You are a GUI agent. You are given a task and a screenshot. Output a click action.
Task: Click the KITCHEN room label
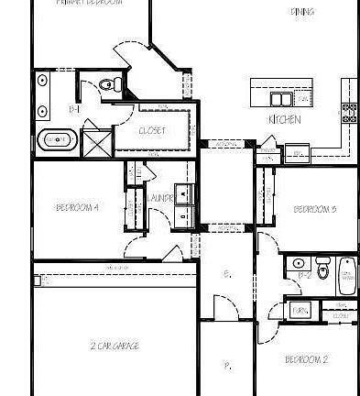(284, 120)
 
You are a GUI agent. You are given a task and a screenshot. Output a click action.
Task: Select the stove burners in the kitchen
(349, 112)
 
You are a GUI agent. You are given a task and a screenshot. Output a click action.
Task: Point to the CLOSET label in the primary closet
(153, 131)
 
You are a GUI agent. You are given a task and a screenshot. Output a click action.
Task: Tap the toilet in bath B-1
(107, 85)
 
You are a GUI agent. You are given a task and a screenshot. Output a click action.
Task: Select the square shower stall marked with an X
(95, 143)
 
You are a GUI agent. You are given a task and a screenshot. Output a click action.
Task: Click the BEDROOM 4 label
(77, 207)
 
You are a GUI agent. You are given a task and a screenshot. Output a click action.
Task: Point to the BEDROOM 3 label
(314, 210)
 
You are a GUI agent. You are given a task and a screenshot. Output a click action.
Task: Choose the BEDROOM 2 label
(306, 359)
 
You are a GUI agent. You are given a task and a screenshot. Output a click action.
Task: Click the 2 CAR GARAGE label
(115, 346)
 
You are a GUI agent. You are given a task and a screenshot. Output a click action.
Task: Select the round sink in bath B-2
(300, 263)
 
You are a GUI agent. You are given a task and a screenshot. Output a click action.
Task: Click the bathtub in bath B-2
(346, 276)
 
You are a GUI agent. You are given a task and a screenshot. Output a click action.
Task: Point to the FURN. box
(300, 311)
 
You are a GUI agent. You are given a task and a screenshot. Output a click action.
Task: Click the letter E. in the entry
(227, 273)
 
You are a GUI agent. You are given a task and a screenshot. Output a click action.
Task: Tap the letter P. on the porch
(227, 366)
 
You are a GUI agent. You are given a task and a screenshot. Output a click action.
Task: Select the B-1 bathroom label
(75, 109)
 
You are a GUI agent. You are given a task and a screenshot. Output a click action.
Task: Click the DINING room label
(302, 11)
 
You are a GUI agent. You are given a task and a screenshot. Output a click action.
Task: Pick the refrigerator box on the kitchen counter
(297, 152)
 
